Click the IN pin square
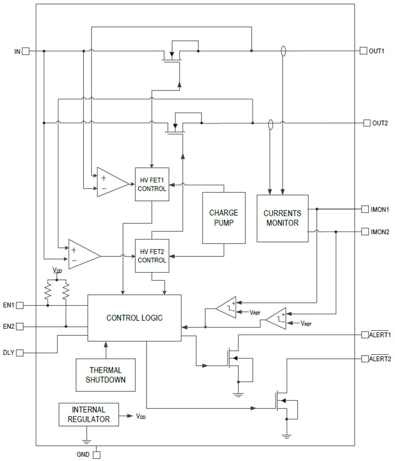[26, 51]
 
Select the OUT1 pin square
[363, 51]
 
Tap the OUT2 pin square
[367, 123]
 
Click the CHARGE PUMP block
[223, 218]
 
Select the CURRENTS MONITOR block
[282, 218]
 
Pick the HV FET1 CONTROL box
[152, 184]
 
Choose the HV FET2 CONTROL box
[152, 255]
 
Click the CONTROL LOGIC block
[134, 318]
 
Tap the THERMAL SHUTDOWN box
[106, 375]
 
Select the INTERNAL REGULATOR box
[88, 414]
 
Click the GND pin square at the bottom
[97, 454]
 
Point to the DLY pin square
[20, 352]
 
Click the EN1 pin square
[20, 306]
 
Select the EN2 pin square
[20, 326]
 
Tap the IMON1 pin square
[365, 209]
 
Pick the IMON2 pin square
[365, 231]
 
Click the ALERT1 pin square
[365, 334]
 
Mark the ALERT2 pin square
[365, 359]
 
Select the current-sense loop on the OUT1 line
[283, 51]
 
